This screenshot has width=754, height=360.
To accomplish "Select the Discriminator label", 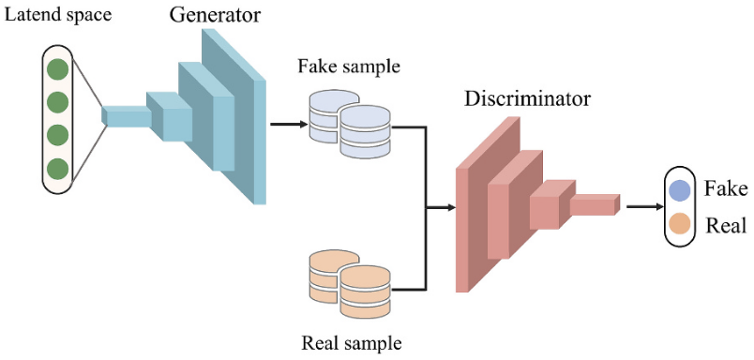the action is point(526,99).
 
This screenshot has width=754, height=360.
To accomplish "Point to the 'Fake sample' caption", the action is point(349,66).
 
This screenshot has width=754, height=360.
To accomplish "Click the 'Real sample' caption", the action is point(351,343).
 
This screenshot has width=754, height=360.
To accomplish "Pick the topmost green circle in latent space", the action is point(58,68).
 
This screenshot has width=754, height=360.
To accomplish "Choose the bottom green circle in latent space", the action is point(58,169).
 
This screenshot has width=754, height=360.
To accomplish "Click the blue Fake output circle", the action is point(678,191).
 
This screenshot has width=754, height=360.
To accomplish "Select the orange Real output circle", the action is point(678,224).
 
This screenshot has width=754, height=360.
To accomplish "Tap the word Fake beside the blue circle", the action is point(726,188).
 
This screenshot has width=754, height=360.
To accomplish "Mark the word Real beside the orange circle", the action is point(725,225).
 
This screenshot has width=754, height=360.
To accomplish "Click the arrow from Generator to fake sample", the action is point(289,125).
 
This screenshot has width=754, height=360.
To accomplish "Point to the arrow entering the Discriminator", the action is point(441,207).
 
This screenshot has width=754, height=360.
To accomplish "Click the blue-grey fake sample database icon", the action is point(350,124).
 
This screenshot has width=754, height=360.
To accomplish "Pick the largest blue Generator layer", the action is point(234,117).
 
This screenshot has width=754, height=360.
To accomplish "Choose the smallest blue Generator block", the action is point(128,116).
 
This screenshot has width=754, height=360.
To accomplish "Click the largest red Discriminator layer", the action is point(488,204).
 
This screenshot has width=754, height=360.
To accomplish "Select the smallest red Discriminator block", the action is point(596,204).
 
